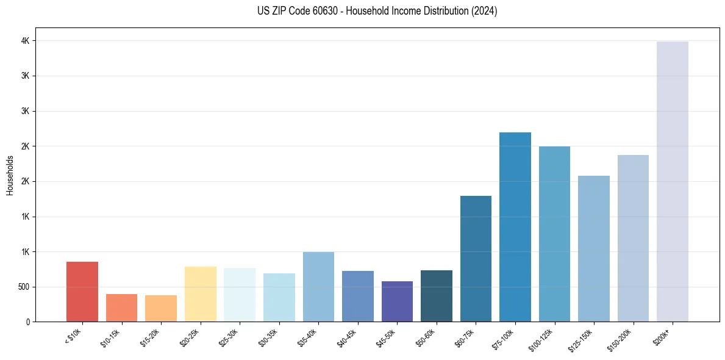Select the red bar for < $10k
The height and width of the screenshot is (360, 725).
[82, 292]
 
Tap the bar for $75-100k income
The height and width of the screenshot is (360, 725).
[515, 227]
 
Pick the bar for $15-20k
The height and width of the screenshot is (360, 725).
[161, 308]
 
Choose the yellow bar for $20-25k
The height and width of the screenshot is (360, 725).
[201, 294]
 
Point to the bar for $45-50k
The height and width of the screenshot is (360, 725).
[397, 301]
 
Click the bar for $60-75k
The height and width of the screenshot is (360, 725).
[476, 259]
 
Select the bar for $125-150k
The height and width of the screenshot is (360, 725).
[594, 248]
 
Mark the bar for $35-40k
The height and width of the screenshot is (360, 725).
[318, 287]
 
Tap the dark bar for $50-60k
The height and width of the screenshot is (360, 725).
[437, 296]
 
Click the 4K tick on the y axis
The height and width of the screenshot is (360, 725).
[25, 41]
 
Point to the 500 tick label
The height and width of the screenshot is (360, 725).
[23, 287]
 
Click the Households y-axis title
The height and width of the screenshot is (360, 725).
[10, 175]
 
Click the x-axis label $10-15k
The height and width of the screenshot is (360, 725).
[110, 336]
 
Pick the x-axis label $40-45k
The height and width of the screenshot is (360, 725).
[347, 336]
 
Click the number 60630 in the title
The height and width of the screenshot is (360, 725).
[317, 11]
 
